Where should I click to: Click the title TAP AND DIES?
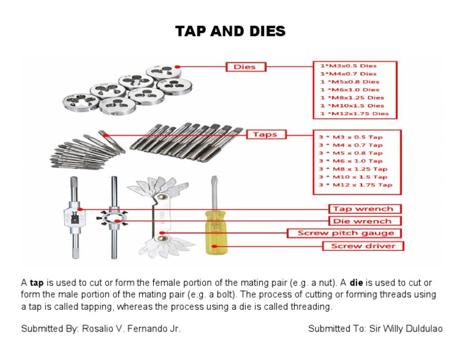[230, 32]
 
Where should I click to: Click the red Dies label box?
[245, 67]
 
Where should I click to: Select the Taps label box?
[265, 134]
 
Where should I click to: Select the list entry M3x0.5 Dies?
[348, 65]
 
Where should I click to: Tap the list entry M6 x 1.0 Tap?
[351, 161]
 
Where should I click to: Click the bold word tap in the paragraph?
[37, 283]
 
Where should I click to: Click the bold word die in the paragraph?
[357, 283]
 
